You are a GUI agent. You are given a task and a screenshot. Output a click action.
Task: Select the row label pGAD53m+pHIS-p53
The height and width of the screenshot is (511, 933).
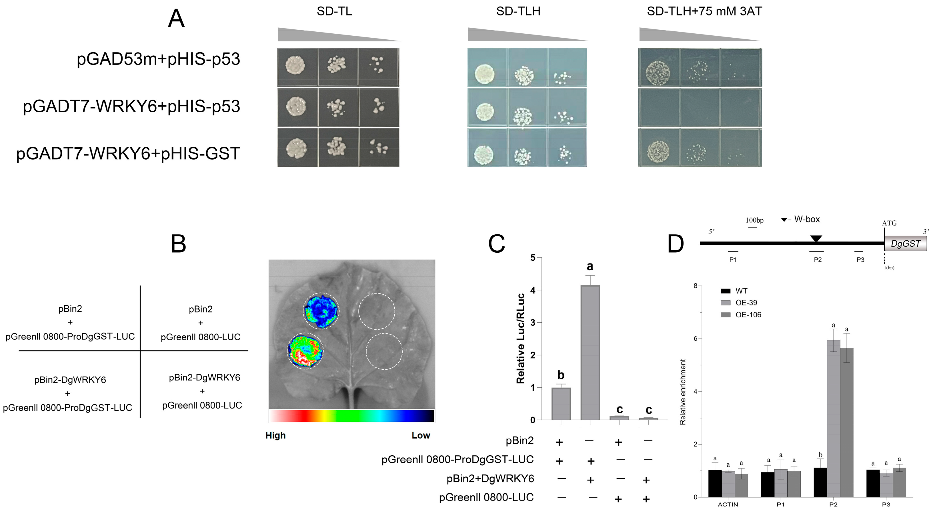[158, 59]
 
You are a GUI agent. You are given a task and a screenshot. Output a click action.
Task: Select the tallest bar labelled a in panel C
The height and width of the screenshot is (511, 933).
[590, 353]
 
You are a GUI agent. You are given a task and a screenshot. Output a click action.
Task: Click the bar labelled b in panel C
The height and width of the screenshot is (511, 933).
[561, 403]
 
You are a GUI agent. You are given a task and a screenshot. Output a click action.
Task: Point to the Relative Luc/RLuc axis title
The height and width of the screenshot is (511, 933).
[520, 338]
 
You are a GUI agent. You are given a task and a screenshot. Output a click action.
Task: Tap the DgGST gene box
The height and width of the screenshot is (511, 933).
[906, 244]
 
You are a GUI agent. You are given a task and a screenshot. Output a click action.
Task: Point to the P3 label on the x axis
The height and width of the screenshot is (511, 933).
[886, 504]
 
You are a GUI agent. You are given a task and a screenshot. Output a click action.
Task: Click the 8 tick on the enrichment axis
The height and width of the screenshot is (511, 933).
[696, 286]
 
